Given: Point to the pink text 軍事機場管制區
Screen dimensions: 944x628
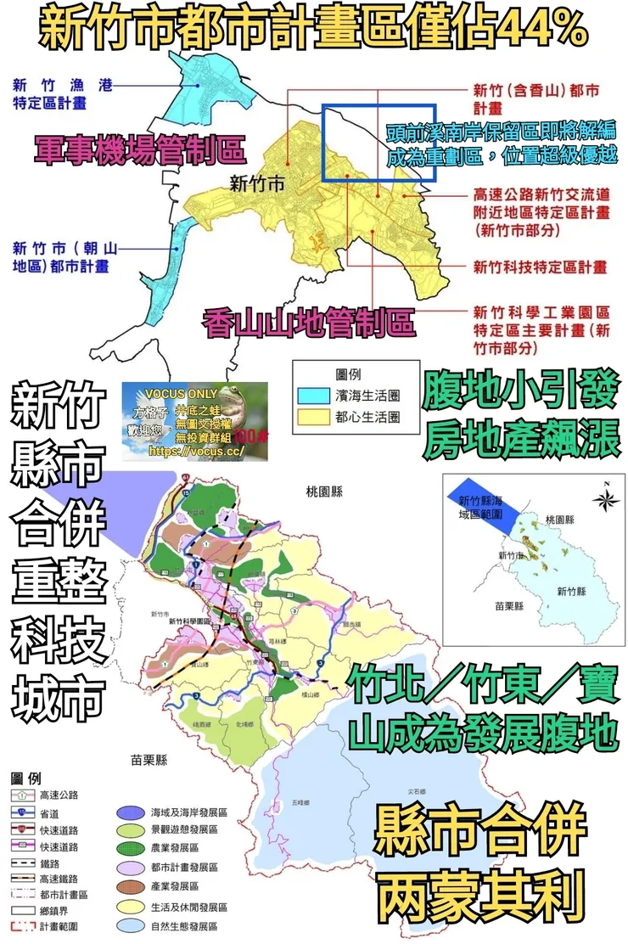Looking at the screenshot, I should point(140,151).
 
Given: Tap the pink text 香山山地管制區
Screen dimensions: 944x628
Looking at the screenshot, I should point(308,323).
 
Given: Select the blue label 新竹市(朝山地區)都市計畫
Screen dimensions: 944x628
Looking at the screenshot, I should point(64,256).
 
